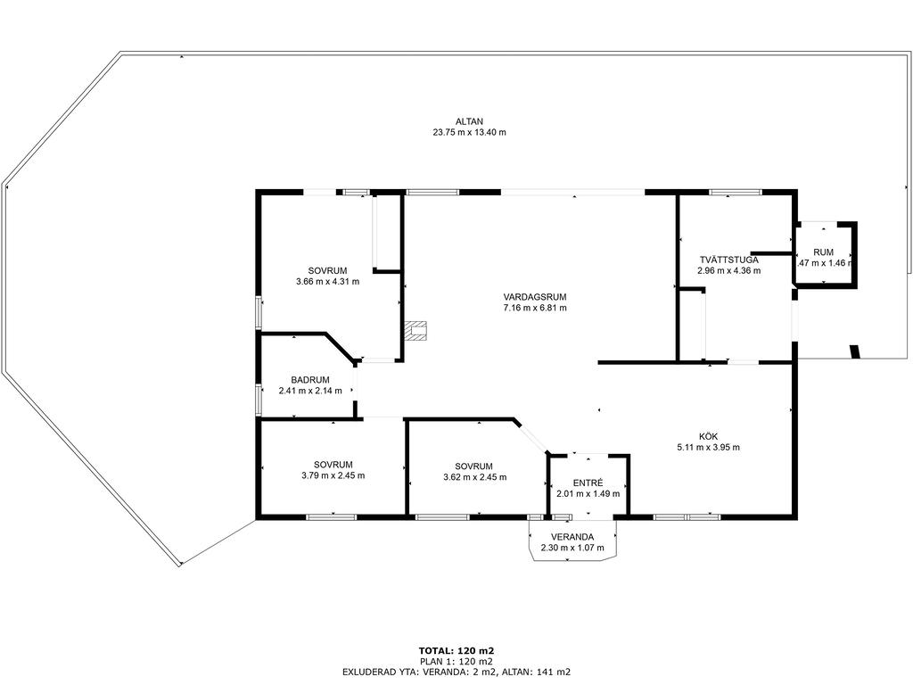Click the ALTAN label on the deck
tap(469, 121)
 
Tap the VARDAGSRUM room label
tap(535, 297)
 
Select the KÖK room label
tap(708, 436)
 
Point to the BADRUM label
tap(310, 380)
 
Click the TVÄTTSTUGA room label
tap(729, 260)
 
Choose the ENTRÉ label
tap(588, 483)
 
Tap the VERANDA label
tap(572, 537)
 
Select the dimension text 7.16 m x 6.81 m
tap(535, 308)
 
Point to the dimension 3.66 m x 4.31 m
tap(328, 281)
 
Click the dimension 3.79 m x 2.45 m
tap(333, 475)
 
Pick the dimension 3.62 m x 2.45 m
tap(474, 477)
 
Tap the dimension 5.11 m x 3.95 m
tap(708, 448)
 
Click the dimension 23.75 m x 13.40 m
tap(469, 132)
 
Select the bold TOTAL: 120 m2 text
tap(456, 650)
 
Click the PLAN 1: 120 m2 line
tap(456, 661)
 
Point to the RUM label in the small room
tap(823, 252)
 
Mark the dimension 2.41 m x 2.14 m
tap(310, 391)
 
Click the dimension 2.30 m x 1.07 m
tap(572, 548)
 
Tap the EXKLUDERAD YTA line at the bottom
tap(456, 672)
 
